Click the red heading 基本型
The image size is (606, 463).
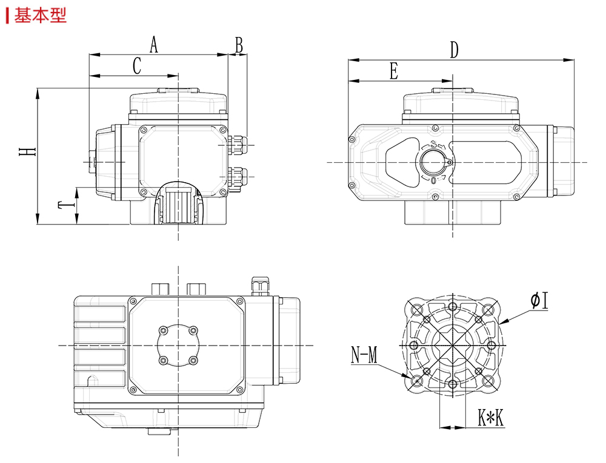[40, 15]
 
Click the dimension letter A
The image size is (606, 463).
[154, 44]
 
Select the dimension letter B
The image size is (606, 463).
[239, 45]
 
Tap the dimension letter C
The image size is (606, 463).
[137, 65]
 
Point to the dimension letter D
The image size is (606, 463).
[454, 50]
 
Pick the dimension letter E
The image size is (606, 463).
[394, 71]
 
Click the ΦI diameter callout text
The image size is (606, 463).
[540, 301]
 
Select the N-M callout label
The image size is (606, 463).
[364, 355]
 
